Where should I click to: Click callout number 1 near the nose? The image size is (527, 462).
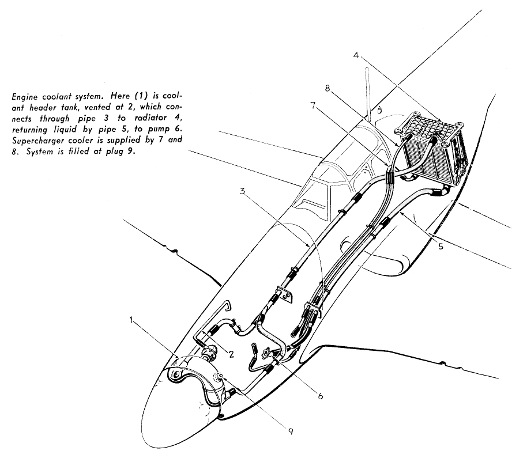[132, 320]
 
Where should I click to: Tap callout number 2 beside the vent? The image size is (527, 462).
[231, 354]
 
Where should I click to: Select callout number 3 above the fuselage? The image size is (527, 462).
[242, 191]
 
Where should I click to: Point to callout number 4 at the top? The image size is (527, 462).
[356, 55]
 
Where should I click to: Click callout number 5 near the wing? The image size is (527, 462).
[441, 247]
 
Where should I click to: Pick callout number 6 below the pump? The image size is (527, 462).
[321, 396]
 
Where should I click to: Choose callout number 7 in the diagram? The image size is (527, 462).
[313, 105]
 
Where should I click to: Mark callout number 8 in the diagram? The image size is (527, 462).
[328, 88]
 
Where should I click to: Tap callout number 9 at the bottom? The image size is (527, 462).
[291, 431]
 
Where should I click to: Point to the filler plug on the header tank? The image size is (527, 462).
[220, 376]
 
